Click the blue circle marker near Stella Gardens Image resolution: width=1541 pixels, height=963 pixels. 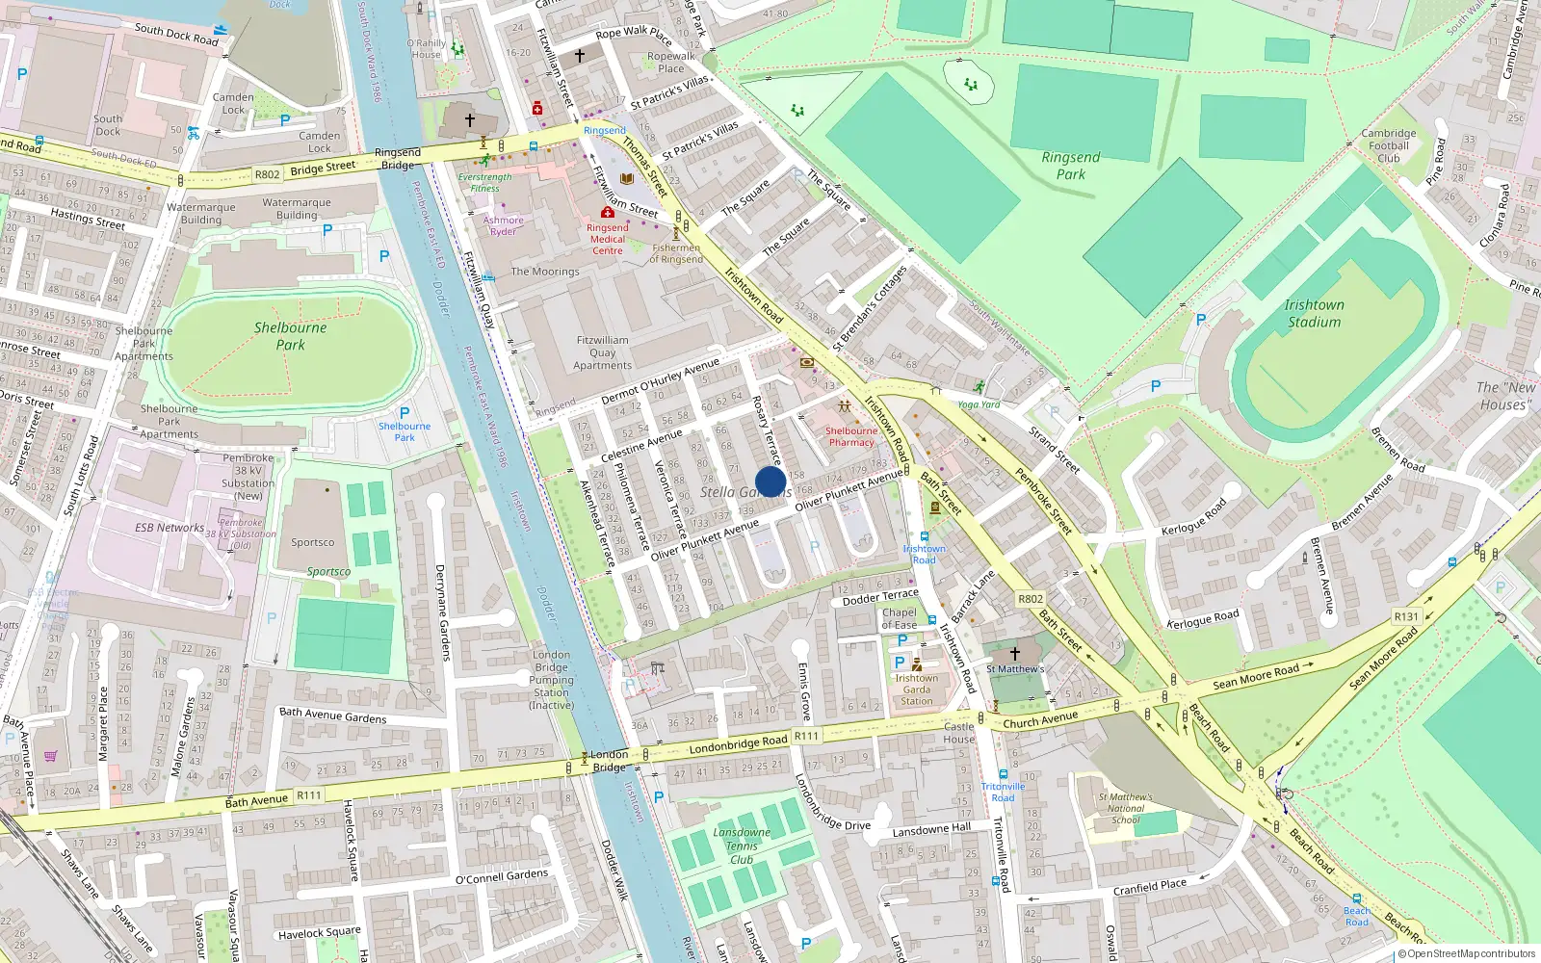coord(770,481)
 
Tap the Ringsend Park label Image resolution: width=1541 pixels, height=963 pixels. coord(1070,166)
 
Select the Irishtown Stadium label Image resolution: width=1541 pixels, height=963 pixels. coord(1314,313)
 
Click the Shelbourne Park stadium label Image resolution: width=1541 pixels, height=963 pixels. coord(290,335)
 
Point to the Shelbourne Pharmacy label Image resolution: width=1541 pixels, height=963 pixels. coord(851,436)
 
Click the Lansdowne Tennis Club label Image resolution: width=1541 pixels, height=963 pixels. coord(742,846)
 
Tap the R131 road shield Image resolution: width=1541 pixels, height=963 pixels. coord(1406,616)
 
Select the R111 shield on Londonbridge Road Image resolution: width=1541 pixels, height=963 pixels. coord(806,736)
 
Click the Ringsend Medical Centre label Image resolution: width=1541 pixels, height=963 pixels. coord(607,239)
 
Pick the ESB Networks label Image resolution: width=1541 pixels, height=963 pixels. coord(170,528)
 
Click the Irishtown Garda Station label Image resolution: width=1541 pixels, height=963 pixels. coord(916,690)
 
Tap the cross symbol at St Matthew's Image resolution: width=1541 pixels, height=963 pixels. coord(1014,653)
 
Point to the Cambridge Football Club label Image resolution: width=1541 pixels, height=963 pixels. coord(1388,145)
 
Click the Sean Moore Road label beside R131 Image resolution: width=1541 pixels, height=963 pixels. coord(1384,659)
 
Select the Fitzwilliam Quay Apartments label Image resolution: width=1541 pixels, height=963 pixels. coord(603,352)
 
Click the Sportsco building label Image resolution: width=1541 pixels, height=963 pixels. coord(313,542)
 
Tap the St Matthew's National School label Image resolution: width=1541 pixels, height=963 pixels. coord(1125,808)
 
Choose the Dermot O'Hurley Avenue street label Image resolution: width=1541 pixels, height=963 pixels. coord(661,380)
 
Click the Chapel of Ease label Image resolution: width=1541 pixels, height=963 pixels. coord(900,618)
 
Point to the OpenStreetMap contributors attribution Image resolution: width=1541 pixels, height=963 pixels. coord(1467,953)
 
